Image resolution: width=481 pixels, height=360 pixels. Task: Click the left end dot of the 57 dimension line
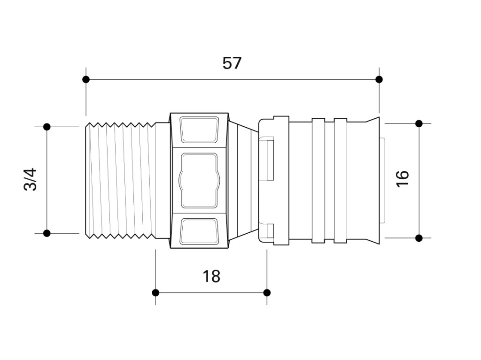(86, 79)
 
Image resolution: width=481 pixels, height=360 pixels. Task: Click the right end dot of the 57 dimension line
(379, 79)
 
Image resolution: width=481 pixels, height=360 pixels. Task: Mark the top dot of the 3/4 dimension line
(47, 127)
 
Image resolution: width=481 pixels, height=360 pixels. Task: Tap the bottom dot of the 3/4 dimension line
(47, 233)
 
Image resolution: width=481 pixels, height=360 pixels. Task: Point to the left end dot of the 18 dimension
(155, 292)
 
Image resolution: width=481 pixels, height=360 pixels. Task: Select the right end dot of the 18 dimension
(267, 292)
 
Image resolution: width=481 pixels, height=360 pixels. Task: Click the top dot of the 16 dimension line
(419, 123)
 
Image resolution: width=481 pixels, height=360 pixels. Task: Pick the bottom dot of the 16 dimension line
(419, 238)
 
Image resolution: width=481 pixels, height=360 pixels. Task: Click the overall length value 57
(232, 63)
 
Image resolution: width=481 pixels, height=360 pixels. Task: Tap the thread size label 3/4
(30, 179)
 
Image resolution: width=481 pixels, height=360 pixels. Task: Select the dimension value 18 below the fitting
(211, 276)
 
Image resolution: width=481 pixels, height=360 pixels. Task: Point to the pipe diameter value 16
(403, 179)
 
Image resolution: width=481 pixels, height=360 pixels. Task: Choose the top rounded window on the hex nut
(199, 130)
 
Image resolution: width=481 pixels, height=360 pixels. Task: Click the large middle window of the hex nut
(199, 181)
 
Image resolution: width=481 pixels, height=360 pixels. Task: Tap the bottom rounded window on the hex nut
(199, 231)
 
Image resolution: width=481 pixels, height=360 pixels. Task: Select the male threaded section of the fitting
(120, 180)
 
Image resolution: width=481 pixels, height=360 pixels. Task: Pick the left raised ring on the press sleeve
(318, 181)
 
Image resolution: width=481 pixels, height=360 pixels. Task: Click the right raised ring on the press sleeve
(341, 181)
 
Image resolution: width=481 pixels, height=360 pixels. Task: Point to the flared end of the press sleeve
(372, 181)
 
